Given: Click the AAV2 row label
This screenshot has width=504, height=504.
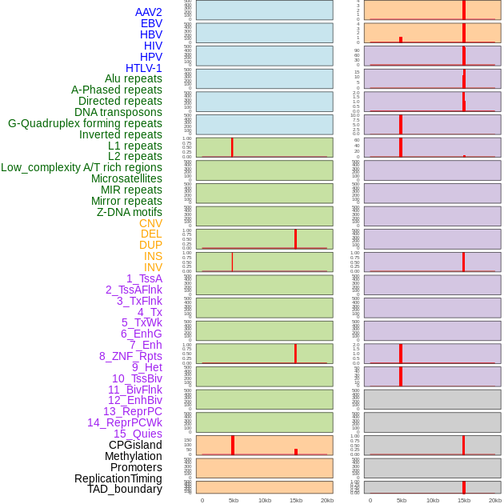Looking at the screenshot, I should [148, 12].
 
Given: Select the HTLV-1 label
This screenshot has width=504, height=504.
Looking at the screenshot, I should [143, 68].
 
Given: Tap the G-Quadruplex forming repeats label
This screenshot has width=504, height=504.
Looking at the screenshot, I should [85, 123].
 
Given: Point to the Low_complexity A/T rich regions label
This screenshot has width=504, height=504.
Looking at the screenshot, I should [82, 167].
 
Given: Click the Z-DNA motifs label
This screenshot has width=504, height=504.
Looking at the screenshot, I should [130, 212].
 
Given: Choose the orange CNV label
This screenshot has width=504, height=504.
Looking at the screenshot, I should [150, 223].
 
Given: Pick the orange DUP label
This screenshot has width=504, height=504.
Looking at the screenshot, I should [150, 245].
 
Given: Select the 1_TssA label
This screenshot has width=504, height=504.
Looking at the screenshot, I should [144, 278].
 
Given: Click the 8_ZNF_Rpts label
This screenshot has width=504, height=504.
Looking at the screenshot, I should [130, 356].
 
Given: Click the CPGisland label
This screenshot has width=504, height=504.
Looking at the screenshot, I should [135, 445].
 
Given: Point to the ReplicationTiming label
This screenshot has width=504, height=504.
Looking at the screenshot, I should [118, 478].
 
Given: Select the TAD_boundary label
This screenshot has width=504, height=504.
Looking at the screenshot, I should [125, 489].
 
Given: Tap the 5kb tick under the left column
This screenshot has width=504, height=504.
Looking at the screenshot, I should [234, 500].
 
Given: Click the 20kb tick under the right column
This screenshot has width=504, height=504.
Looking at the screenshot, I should [495, 500].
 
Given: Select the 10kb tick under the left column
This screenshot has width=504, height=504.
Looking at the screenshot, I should [265, 500].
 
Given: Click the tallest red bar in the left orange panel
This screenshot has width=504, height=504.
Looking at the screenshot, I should [233, 445].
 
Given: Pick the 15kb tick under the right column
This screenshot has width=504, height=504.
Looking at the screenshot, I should [464, 500].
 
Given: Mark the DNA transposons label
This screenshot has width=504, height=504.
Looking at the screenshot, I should [118, 112].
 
